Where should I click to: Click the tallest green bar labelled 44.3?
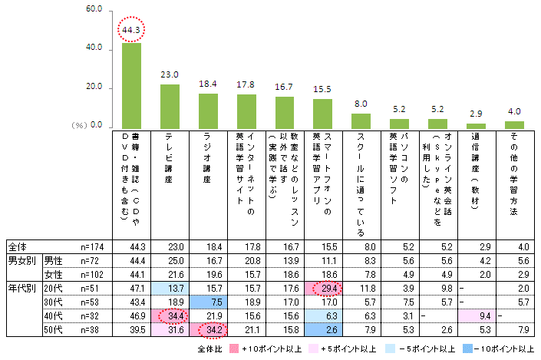[x=131, y=85]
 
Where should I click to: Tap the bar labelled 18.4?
[x=208, y=111]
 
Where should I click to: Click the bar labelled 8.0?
[x=361, y=121]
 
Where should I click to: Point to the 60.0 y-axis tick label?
[x=94, y=10]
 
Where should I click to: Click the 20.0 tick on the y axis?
[x=94, y=88]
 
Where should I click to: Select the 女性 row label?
[x=53, y=273]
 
